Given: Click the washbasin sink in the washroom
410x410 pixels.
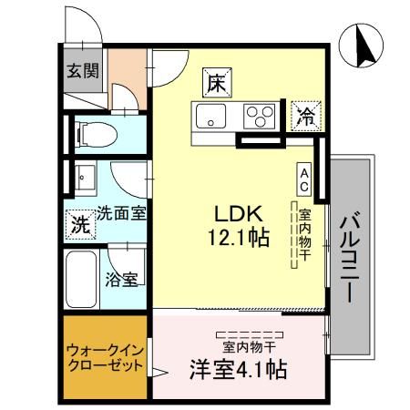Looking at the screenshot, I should pos(85,176).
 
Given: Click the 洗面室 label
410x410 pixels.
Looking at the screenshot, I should pos(123,211).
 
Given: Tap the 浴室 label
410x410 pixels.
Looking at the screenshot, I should pos(122,279).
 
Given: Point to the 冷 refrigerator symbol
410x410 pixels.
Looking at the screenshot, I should pos(304,116).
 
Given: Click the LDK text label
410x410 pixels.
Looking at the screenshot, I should pos(238,213).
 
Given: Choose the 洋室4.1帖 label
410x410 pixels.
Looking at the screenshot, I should pos(239,370).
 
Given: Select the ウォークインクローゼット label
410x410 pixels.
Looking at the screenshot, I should pos(105,358).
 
